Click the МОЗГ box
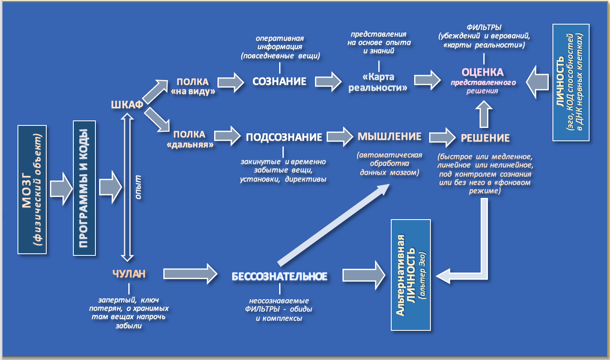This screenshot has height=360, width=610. click(x=32, y=190)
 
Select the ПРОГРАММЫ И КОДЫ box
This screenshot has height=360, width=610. click(x=84, y=188)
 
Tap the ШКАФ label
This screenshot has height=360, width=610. click(x=127, y=105)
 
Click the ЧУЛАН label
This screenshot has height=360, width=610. click(x=129, y=274)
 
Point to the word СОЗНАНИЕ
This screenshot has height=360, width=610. click(x=279, y=82)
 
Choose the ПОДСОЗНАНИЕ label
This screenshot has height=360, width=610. click(x=284, y=137)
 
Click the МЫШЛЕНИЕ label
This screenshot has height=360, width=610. click(x=389, y=137)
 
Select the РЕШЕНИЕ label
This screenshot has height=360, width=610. click(x=485, y=138)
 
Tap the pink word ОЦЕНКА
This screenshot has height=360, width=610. click(x=482, y=72)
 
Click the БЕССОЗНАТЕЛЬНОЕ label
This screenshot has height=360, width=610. click(x=279, y=276)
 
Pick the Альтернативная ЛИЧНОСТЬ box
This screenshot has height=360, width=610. click(x=411, y=275)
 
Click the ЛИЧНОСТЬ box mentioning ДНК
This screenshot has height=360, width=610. click(x=570, y=82)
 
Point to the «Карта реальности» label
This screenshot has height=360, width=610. click(x=378, y=82)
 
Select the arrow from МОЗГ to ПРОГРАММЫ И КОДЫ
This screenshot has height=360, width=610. click(x=61, y=189)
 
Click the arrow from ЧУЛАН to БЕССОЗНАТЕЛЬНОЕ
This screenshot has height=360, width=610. click(x=190, y=274)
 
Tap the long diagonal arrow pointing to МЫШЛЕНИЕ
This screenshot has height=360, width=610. click(x=333, y=225)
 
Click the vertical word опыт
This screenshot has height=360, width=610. click(x=138, y=187)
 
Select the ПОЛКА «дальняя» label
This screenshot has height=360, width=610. click(x=190, y=139)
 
